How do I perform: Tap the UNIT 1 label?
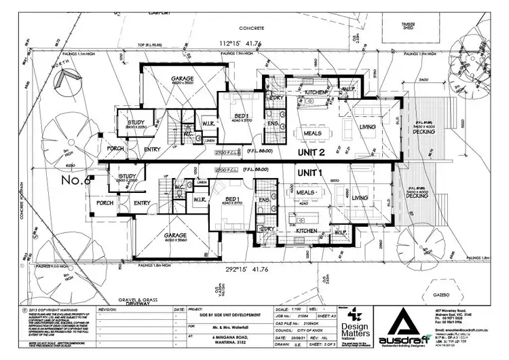(310, 174)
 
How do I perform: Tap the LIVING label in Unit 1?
(359, 198)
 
